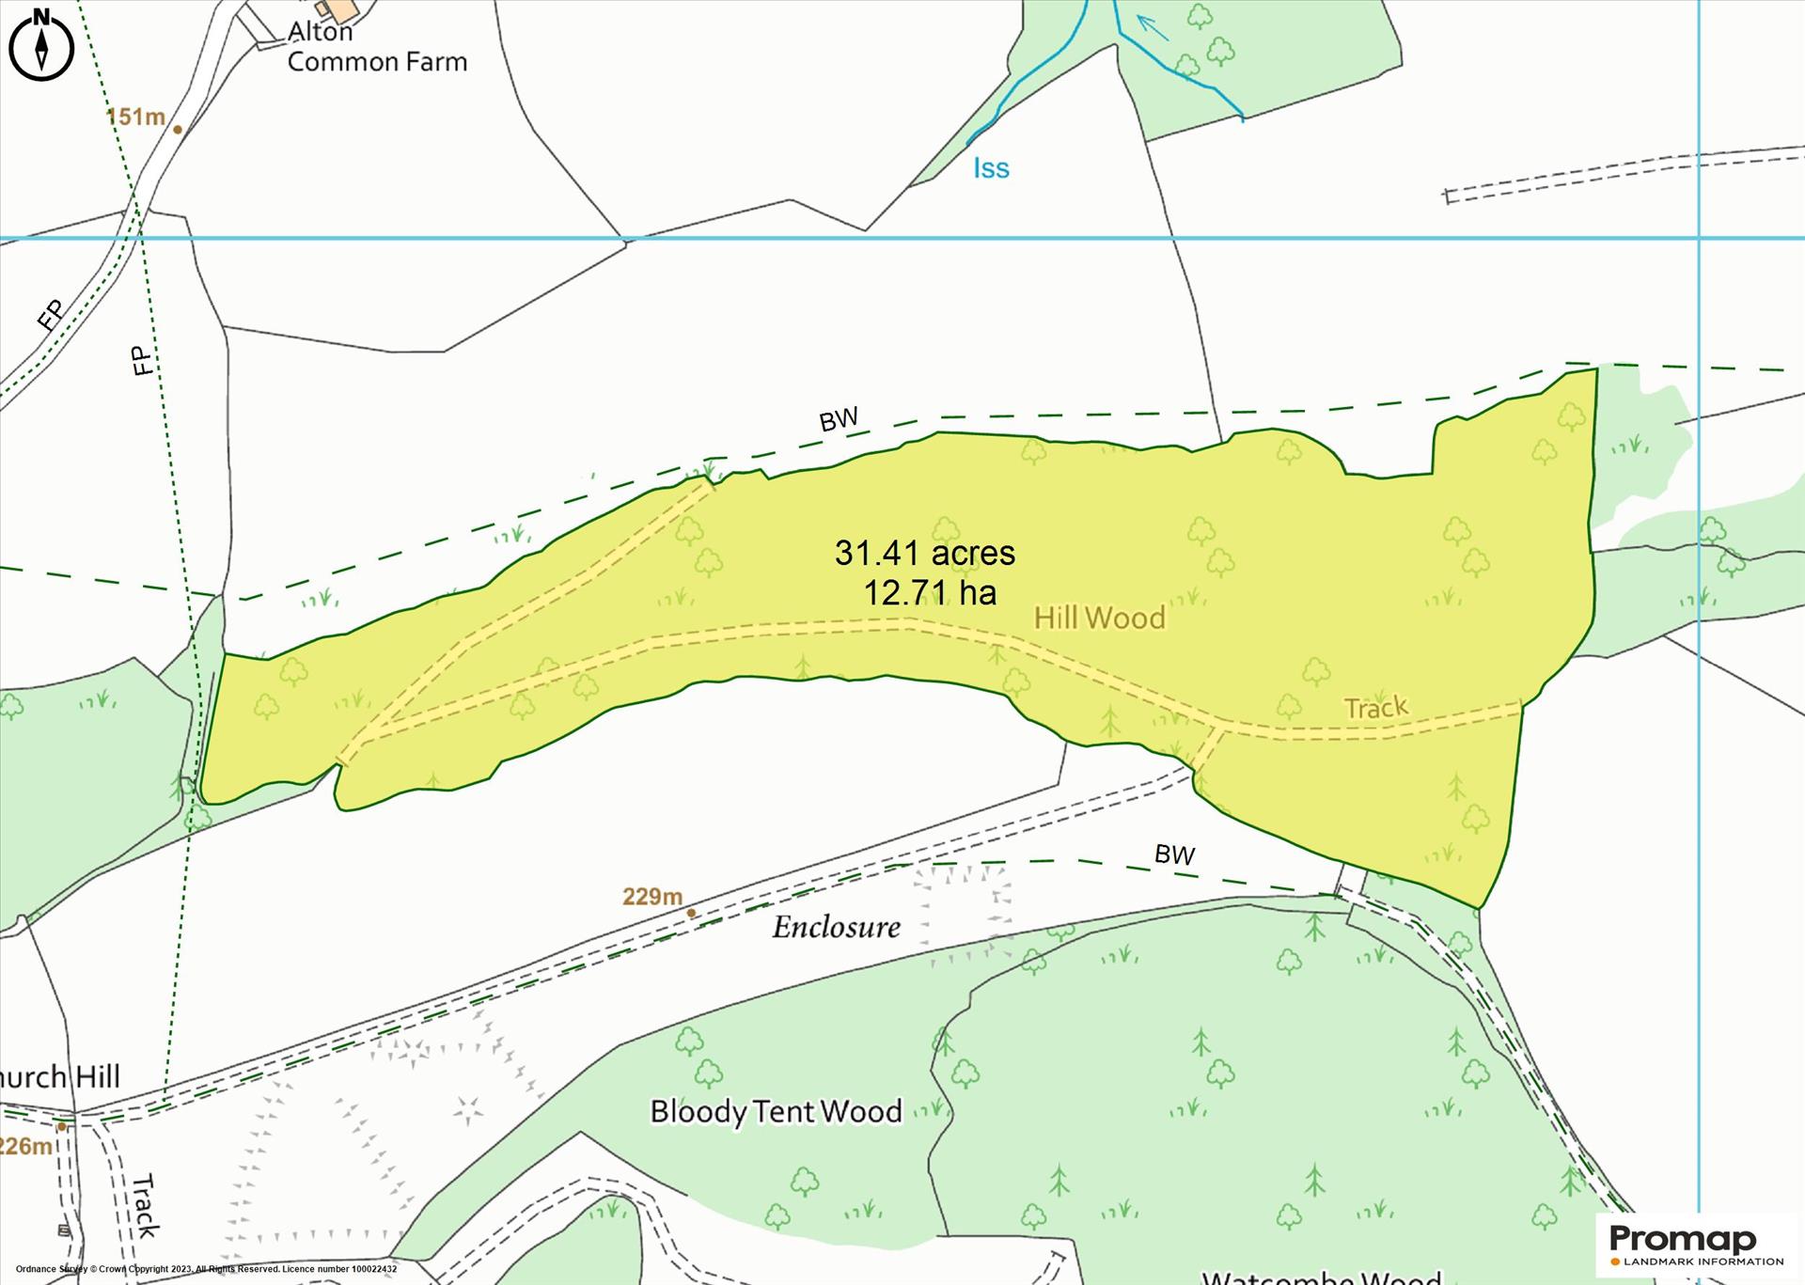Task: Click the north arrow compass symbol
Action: [x=41, y=44]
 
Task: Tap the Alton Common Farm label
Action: [x=376, y=47]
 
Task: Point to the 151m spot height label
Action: [x=135, y=117]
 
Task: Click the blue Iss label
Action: [x=991, y=168]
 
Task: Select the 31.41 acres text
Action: [x=924, y=553]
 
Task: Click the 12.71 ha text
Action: [x=929, y=593]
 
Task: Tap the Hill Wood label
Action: [x=1099, y=618]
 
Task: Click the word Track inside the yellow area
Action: [x=1375, y=707]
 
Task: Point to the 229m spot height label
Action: [x=651, y=897]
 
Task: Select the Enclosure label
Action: [x=836, y=928]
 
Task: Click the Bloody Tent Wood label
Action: [x=776, y=1112]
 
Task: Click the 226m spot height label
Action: [x=25, y=1146]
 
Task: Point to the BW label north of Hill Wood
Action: [x=838, y=420]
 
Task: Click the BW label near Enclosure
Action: [x=1174, y=854]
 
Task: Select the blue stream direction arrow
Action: [x=1153, y=28]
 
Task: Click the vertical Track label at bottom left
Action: [x=144, y=1205]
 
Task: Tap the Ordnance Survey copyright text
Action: [x=206, y=1269]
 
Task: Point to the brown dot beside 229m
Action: [x=691, y=913]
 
